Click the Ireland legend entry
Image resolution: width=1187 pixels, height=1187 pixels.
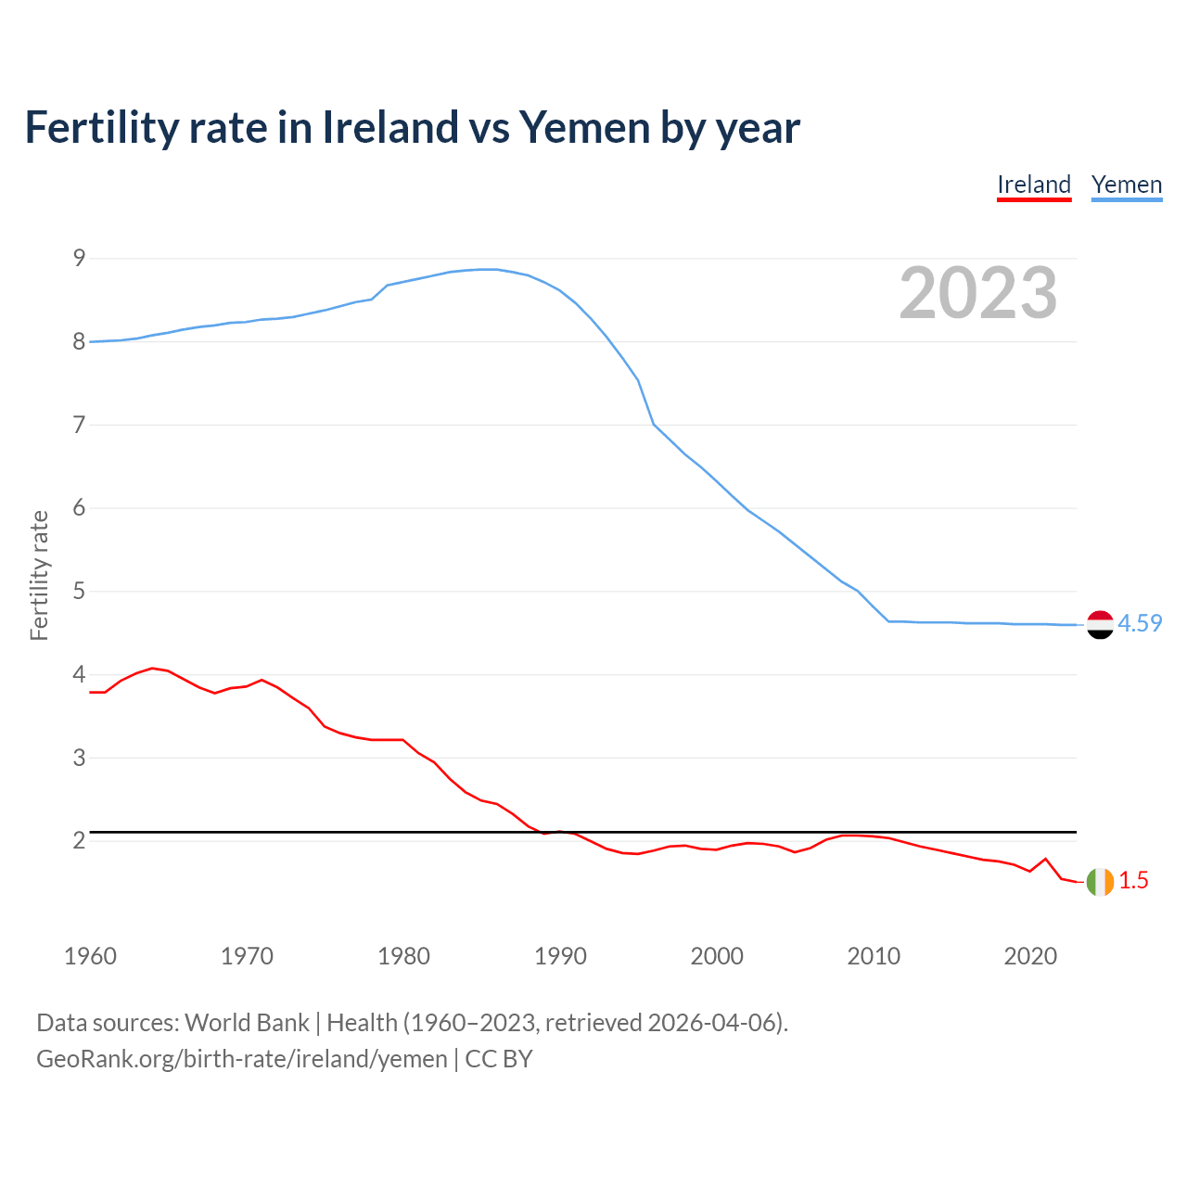coord(1034,185)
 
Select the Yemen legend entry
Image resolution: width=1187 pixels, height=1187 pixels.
coord(1127,185)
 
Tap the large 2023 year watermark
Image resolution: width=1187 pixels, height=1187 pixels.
coord(978,293)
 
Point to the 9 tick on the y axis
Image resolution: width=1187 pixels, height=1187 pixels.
coord(79,258)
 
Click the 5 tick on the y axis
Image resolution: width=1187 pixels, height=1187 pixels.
coord(79,591)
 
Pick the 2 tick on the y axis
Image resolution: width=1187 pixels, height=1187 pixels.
coord(79,840)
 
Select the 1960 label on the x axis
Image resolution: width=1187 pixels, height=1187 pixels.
coord(90,956)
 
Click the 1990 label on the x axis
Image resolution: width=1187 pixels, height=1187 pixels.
coord(560,956)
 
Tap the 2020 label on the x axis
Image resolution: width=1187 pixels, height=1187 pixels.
coord(1030,956)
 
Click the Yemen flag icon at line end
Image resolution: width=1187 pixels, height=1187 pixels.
coord(1100,625)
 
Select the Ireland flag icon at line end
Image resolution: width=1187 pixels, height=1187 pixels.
coord(1100,882)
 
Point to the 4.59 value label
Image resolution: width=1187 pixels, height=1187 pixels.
coord(1140,624)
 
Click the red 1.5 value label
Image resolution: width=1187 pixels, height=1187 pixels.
coord(1133,881)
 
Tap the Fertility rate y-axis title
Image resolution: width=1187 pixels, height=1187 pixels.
coord(39,575)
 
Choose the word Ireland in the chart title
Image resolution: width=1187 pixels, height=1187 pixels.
coord(389,128)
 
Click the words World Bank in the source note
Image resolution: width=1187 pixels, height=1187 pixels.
coord(247,1023)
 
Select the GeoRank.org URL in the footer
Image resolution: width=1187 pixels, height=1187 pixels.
coord(241,1059)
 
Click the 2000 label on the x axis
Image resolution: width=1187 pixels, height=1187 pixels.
coord(717,956)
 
